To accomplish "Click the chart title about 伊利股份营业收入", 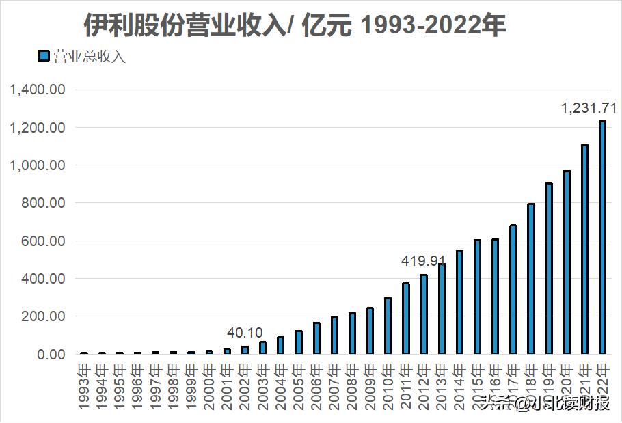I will pos(295,26).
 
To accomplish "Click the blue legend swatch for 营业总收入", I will pos(44,57).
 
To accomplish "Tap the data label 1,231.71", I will pos(589,108).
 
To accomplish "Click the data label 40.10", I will pos(245,333).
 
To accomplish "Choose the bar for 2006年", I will pos(316,338).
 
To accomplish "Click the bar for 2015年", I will pos(477,297).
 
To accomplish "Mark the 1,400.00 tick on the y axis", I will pos(38,90).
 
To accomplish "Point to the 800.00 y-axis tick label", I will pos(42,203).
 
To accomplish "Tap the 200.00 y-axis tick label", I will pos(42,316).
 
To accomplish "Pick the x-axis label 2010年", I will pos(388,387).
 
